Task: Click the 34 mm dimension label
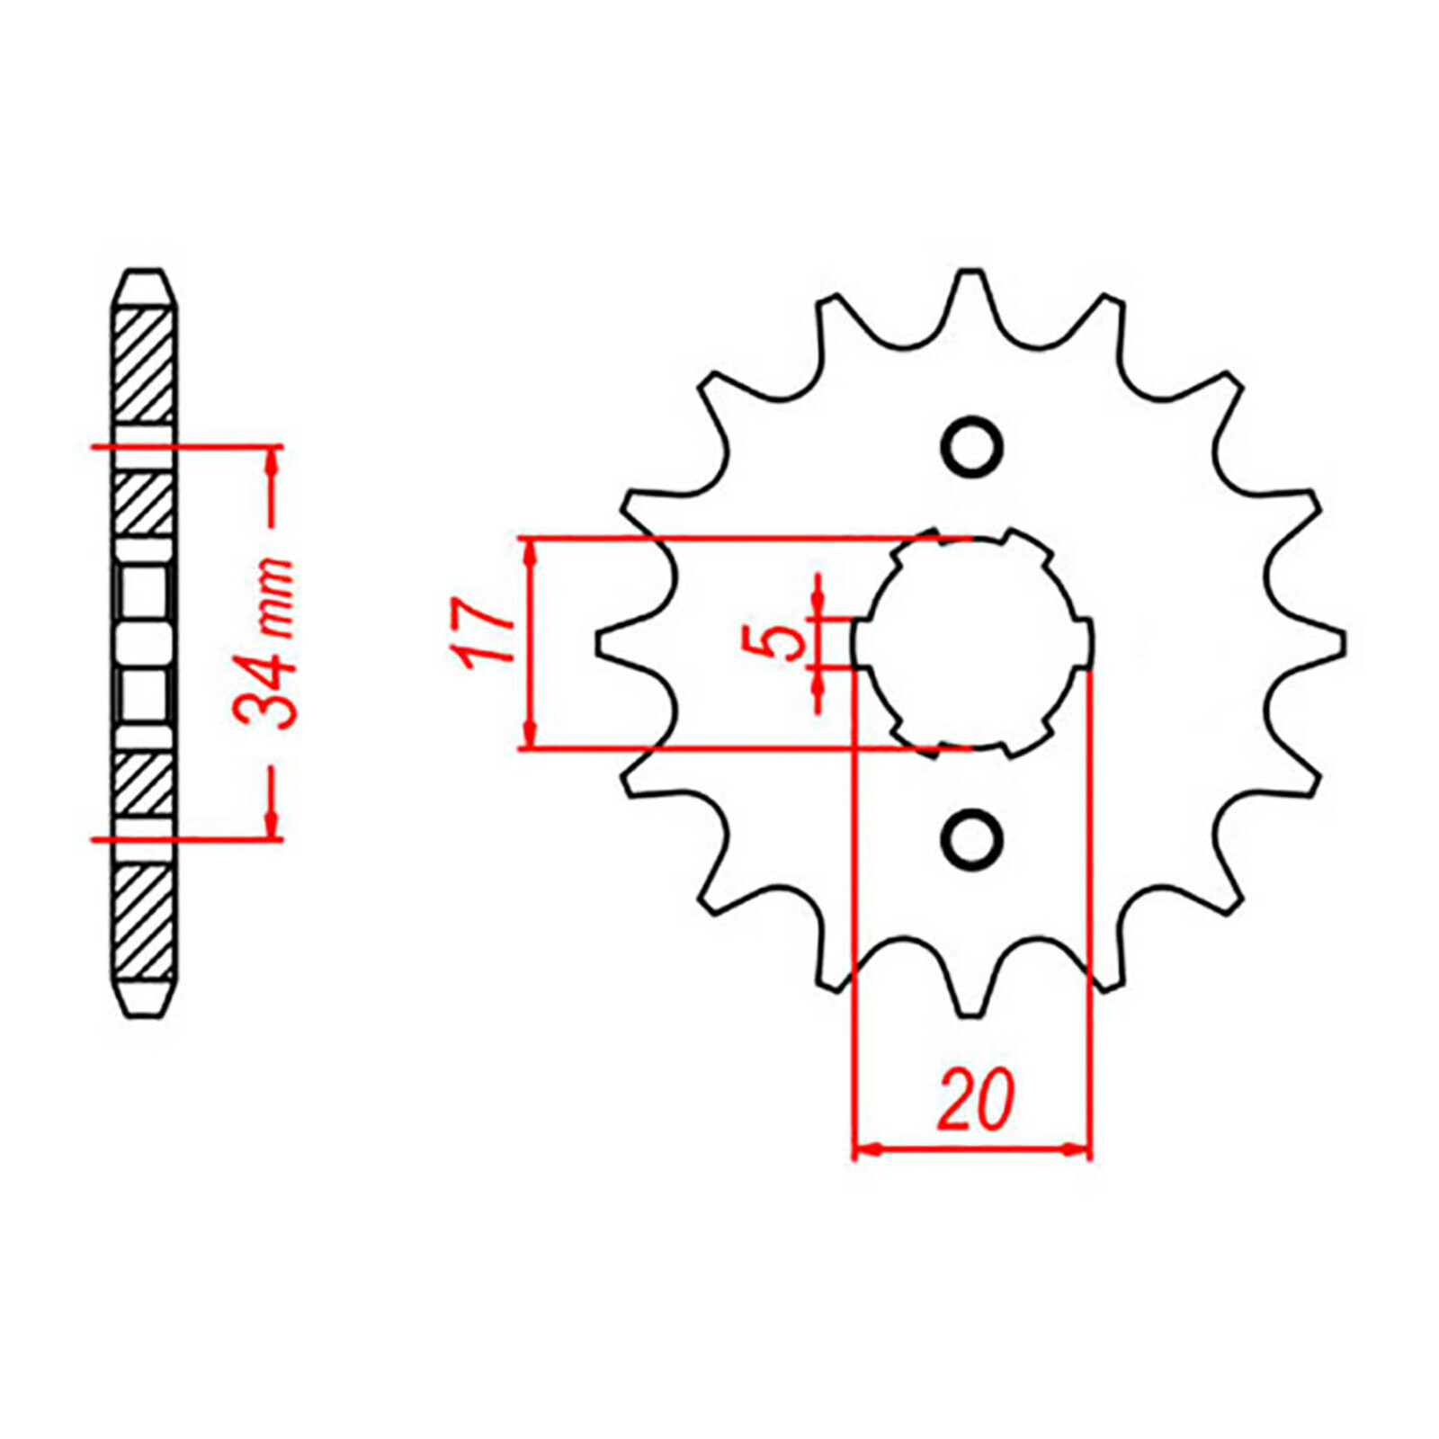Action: point(264,643)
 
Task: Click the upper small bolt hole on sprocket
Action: point(971,447)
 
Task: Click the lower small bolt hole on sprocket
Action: point(971,839)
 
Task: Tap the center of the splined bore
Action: point(972,643)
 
